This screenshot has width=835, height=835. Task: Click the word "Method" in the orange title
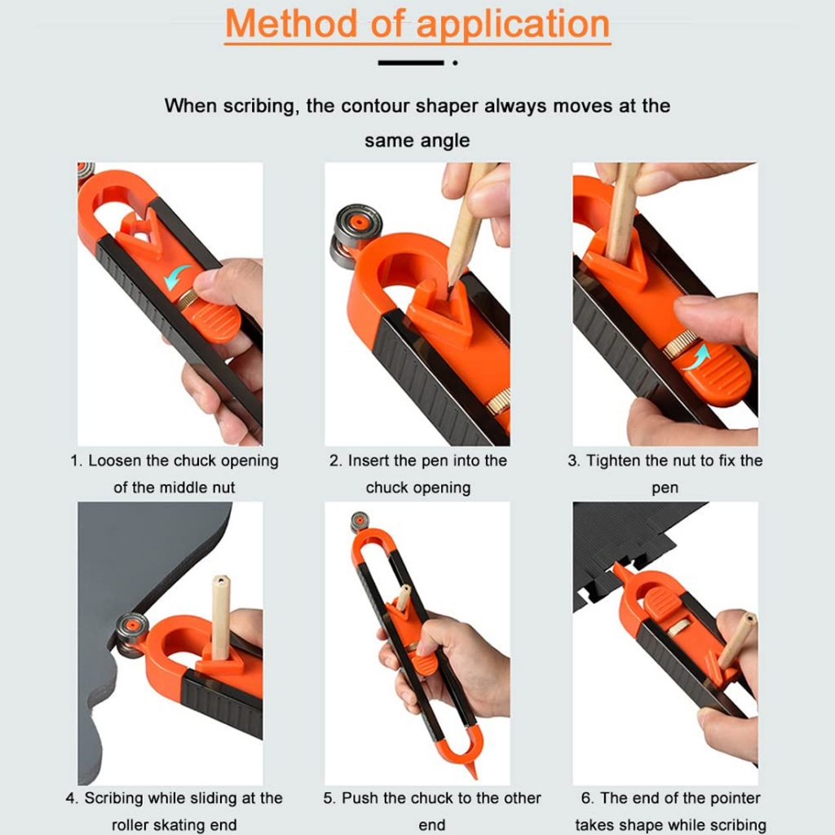coord(291,24)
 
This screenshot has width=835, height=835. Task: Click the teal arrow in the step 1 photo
coord(176,277)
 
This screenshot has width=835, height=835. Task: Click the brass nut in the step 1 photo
coord(187,300)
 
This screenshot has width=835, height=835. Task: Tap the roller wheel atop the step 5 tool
coord(360,522)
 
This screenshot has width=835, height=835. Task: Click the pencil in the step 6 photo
coord(736,641)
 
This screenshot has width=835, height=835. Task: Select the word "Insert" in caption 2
coord(368,461)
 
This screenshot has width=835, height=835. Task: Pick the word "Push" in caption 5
coord(360,797)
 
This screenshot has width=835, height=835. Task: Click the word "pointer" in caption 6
coord(733,798)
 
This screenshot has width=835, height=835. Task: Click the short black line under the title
coord(411,63)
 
